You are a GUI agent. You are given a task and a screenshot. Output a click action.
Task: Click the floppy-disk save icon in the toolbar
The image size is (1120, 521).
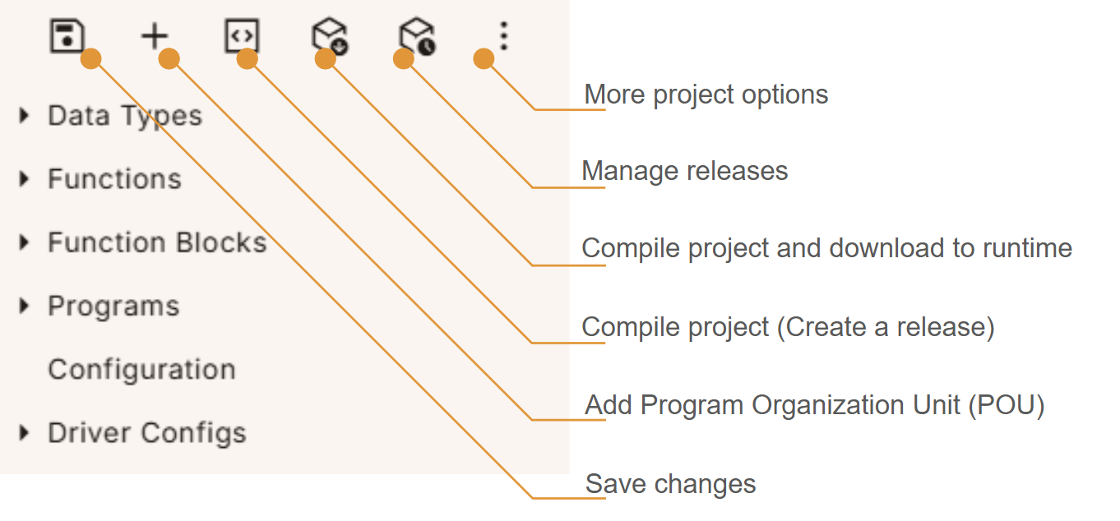[x=67, y=36]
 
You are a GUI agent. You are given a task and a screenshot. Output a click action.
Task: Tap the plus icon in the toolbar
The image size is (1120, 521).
[x=155, y=36]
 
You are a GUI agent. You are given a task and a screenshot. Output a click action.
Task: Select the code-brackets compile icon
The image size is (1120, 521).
[x=243, y=36]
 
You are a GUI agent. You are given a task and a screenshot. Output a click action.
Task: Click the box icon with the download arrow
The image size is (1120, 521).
[x=328, y=37]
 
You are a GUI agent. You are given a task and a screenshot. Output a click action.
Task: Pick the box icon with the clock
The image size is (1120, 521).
[x=416, y=37]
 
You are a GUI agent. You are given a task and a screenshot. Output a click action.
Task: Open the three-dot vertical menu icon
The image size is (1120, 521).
[x=504, y=36]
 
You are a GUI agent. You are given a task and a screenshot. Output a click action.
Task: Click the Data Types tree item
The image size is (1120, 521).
[x=124, y=116]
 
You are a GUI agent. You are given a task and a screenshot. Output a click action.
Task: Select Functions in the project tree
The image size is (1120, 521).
[x=114, y=179]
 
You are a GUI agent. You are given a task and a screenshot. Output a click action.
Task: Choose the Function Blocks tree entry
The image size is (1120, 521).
[x=157, y=242]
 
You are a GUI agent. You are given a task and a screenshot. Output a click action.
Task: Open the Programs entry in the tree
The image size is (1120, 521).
[x=113, y=306]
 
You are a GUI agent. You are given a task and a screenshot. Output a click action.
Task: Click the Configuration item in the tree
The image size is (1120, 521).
[x=141, y=369]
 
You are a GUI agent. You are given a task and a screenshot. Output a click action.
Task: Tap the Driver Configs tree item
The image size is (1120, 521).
[x=146, y=432]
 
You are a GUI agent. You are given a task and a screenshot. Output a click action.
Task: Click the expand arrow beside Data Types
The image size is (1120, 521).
[x=25, y=116]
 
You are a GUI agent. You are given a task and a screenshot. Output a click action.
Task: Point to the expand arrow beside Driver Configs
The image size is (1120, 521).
[x=25, y=432]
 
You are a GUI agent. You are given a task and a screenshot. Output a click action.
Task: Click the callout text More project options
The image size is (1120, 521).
[x=706, y=95]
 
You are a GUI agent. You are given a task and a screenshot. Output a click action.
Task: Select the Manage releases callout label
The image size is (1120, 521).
[x=684, y=171]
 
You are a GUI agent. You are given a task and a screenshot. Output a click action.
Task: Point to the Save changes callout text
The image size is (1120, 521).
[x=670, y=484]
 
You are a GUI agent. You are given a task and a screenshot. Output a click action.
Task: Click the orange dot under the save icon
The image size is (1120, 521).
[x=91, y=58]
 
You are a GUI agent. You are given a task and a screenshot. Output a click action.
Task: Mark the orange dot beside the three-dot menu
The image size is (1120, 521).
[x=484, y=58]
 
